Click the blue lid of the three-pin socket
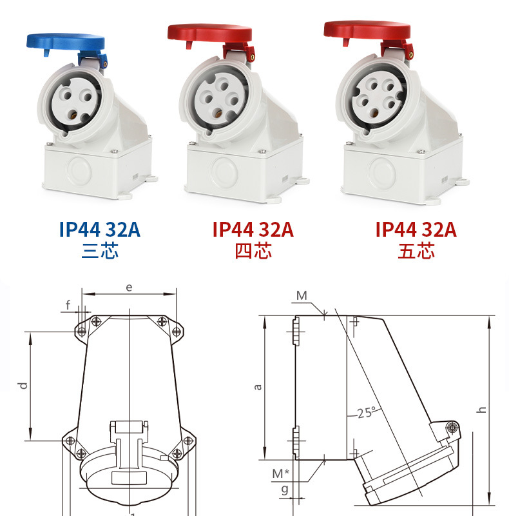pyautogui.click(x=66, y=43)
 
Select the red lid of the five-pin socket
pyautogui.click(x=367, y=30)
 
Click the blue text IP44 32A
pyautogui.click(x=100, y=230)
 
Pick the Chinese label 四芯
pyautogui.click(x=253, y=251)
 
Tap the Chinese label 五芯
pyautogui.click(x=416, y=251)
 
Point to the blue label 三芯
pyautogui.click(x=100, y=251)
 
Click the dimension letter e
pyautogui.click(x=130, y=288)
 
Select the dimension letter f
pyautogui.click(x=68, y=305)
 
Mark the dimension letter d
pyautogui.click(x=23, y=385)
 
